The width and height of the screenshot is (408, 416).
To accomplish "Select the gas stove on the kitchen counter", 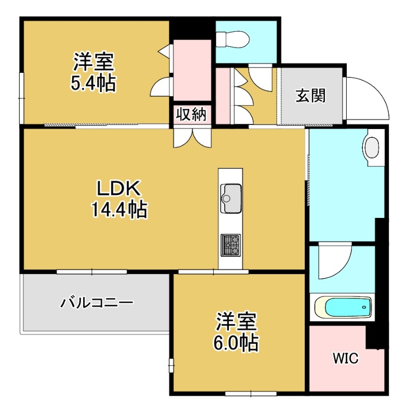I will coord(231,244).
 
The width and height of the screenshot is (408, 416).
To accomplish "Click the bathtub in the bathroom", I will coord(343,307).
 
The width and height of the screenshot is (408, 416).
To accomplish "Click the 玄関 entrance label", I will coord(310,96).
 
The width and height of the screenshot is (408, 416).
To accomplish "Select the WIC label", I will coord(345,359).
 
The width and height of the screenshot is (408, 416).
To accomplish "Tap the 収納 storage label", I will coord(192,114).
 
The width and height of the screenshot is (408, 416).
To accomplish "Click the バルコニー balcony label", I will coord(97,302).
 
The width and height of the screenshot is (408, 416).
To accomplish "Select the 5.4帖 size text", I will coord(93,83).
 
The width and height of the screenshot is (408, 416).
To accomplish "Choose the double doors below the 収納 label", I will coord(192,136).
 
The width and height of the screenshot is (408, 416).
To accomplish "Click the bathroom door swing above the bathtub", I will coord(332,263).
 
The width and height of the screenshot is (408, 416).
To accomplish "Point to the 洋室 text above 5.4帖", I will coord(93,62).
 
